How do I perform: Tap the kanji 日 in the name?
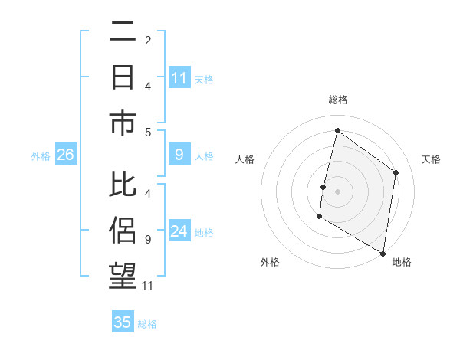pos(123,78)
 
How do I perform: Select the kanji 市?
pos(123,123)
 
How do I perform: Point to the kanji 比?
pos(123,186)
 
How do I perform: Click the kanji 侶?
pos(123,231)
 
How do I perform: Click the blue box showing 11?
pos(179,78)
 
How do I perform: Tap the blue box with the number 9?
pos(179,155)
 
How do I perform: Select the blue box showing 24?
pos(179,231)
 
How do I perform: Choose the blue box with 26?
pos(65,155)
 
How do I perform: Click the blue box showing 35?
pos(123,322)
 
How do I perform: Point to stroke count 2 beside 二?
pos(148,40)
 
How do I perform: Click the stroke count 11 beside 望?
pos(148,286)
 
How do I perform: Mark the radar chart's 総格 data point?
pos(337,131)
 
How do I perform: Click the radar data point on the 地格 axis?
pos(383,253)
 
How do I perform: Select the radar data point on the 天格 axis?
pos(396,172)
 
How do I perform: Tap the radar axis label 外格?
pos(270,262)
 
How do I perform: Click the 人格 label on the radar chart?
pos(245,159)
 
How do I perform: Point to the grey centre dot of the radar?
pos(337,191)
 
